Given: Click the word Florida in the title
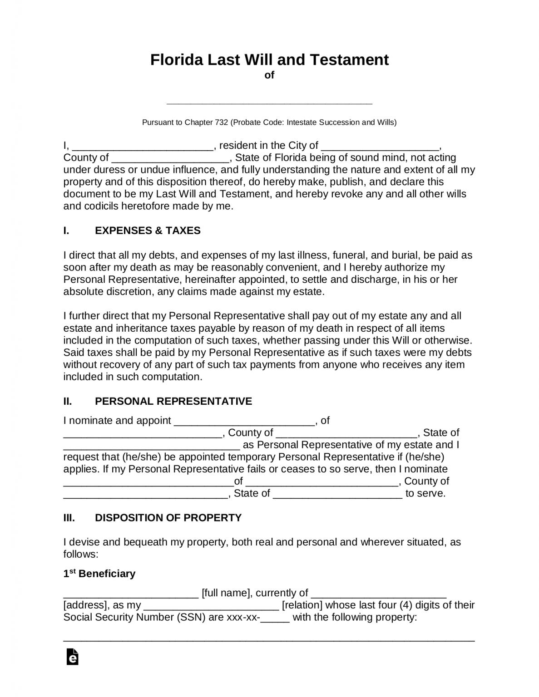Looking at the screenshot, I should (x=176, y=60).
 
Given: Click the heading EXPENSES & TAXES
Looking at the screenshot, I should (x=148, y=231).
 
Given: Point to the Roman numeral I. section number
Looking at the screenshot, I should (x=66, y=231).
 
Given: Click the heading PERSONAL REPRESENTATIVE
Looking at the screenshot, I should (x=173, y=401).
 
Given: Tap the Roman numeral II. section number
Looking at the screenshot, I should (x=68, y=401).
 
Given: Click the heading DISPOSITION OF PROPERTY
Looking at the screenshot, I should (x=168, y=518).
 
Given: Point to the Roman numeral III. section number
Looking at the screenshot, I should (x=69, y=518).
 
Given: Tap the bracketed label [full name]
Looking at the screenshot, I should (x=226, y=593).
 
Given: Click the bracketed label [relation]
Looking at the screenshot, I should (x=302, y=605).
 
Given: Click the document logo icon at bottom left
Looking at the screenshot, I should (x=72, y=657).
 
